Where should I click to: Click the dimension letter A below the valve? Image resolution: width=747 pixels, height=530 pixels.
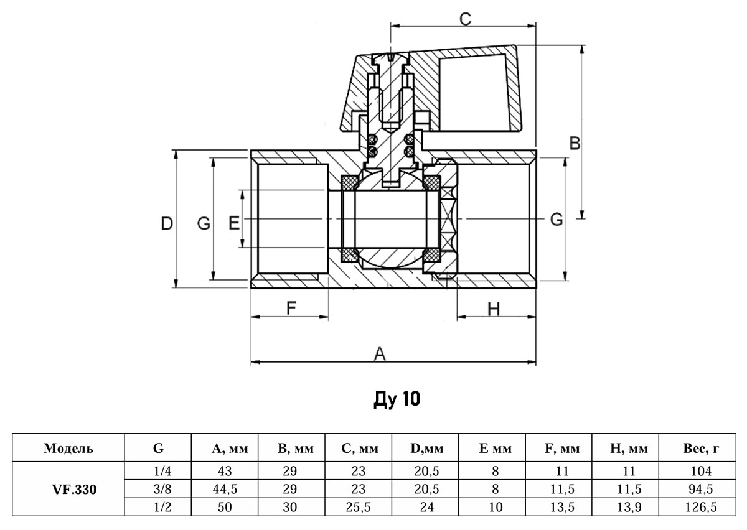click(380, 354)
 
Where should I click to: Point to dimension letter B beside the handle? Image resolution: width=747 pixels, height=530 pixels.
click(575, 144)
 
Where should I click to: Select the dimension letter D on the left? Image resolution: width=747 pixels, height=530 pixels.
click(166, 223)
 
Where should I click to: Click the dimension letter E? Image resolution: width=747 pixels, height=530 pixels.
click(234, 223)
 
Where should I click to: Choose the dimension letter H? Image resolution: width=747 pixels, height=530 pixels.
click(494, 309)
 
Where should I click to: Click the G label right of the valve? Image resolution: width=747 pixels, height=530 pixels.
click(557, 219)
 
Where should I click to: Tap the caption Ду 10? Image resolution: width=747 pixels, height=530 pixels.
click(397, 399)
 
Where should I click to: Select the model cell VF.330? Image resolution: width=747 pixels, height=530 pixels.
click(69, 489)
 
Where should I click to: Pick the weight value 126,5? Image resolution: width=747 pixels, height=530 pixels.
click(698, 507)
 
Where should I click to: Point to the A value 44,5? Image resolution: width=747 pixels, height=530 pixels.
click(225, 489)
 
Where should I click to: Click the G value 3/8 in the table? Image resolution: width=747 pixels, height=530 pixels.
click(158, 489)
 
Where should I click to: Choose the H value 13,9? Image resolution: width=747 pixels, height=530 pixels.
click(628, 507)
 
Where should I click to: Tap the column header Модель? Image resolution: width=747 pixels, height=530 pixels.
click(69, 449)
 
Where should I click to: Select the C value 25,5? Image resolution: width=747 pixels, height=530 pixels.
click(359, 507)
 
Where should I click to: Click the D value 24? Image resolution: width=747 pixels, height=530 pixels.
click(426, 507)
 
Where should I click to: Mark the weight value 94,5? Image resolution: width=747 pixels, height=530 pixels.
click(698, 489)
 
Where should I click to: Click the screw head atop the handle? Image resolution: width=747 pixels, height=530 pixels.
click(390, 58)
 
